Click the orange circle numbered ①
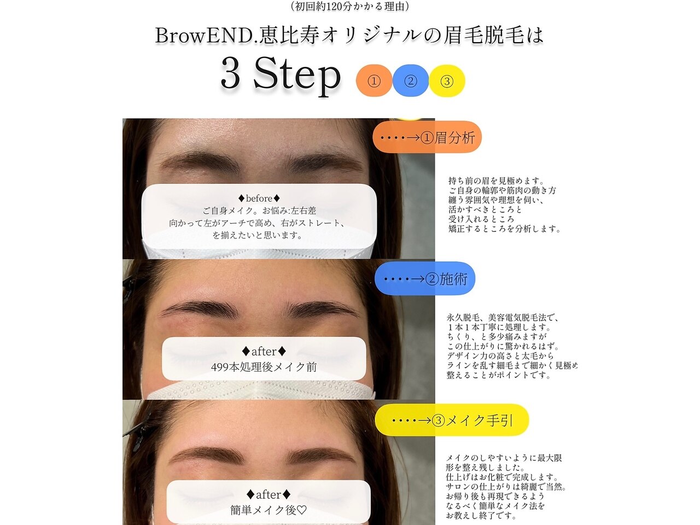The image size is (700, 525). pos(374,81)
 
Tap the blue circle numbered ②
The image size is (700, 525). pos(411,81)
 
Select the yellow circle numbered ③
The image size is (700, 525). pos(447,81)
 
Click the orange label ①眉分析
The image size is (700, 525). pos(427,137)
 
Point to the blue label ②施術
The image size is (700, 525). pos(425,278)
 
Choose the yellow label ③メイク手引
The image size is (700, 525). pos(452,420)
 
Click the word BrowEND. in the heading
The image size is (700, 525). pos(207,36)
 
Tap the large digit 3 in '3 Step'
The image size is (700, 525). pos(230,74)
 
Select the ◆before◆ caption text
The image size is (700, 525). pos(259,199)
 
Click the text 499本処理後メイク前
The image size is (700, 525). pos(264,367)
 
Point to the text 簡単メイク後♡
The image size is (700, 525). pos(268,510)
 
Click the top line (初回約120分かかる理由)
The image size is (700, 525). pos(350,7)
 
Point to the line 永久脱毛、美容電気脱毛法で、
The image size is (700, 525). pos(502,318)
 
